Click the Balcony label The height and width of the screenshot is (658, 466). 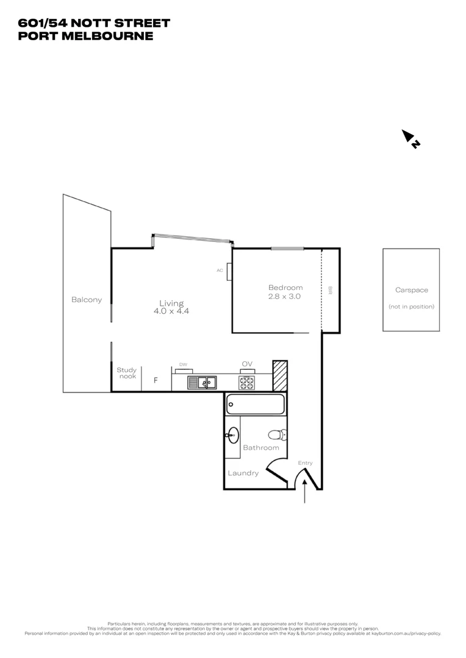click(x=87, y=300)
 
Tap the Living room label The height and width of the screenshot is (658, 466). click(x=171, y=303)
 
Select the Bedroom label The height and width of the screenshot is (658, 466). click(x=285, y=288)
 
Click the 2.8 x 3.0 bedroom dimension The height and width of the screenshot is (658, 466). click(x=285, y=296)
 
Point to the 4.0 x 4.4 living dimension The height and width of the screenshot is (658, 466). click(x=171, y=311)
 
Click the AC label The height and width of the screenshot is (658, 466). click(x=220, y=270)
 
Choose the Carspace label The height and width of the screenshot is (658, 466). click(x=411, y=291)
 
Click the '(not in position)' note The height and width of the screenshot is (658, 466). click(x=412, y=306)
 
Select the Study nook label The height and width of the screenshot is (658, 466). click(x=127, y=373)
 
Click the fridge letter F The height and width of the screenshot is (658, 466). click(x=156, y=381)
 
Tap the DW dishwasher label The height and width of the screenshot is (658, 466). click(x=183, y=364)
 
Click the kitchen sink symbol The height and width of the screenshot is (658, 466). click(x=202, y=383)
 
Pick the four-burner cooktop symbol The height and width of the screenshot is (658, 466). click(x=246, y=383)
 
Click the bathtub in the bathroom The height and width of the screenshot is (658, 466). click(x=255, y=404)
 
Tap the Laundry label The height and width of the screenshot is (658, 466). click(x=243, y=473)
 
